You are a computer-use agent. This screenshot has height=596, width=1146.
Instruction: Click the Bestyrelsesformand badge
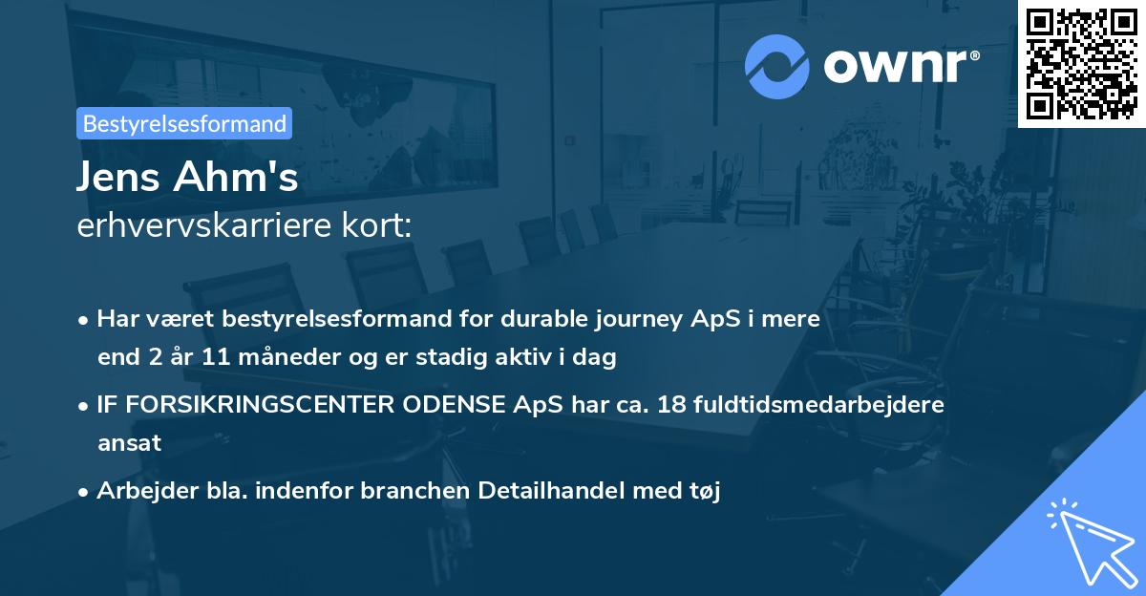(184, 123)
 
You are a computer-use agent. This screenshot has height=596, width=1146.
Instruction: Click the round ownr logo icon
(776, 66)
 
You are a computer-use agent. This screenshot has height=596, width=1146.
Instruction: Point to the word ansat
(129, 443)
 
